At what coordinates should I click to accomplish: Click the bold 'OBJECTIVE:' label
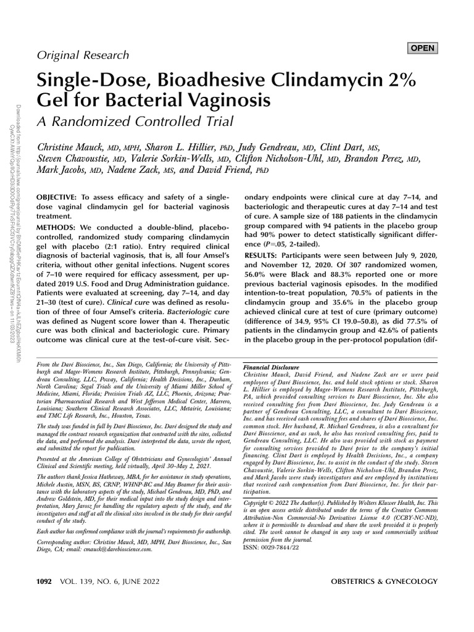click(60, 194)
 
